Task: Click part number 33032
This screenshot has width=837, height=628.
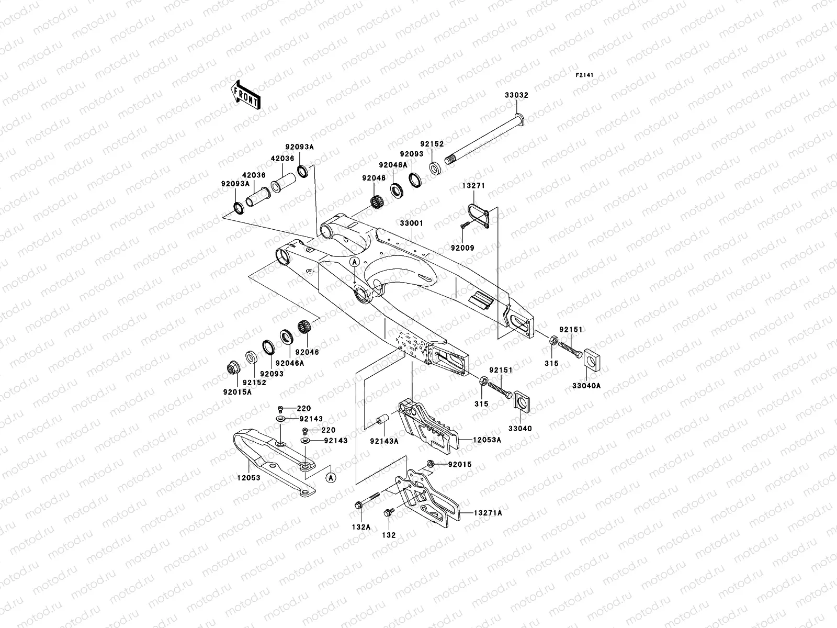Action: click(516, 96)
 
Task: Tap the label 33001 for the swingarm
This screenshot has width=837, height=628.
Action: click(412, 223)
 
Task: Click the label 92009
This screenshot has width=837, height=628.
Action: click(463, 248)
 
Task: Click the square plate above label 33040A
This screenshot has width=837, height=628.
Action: click(590, 358)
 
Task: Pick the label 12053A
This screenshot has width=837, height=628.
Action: click(488, 440)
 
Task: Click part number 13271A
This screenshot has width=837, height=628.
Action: click(488, 513)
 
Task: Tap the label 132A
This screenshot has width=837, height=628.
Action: click(361, 527)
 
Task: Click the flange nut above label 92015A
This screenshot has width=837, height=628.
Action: click(231, 368)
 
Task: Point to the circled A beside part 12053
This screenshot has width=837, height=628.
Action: click(330, 477)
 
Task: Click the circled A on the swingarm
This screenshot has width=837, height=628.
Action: click(355, 261)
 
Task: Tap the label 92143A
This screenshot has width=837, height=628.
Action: click(384, 441)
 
